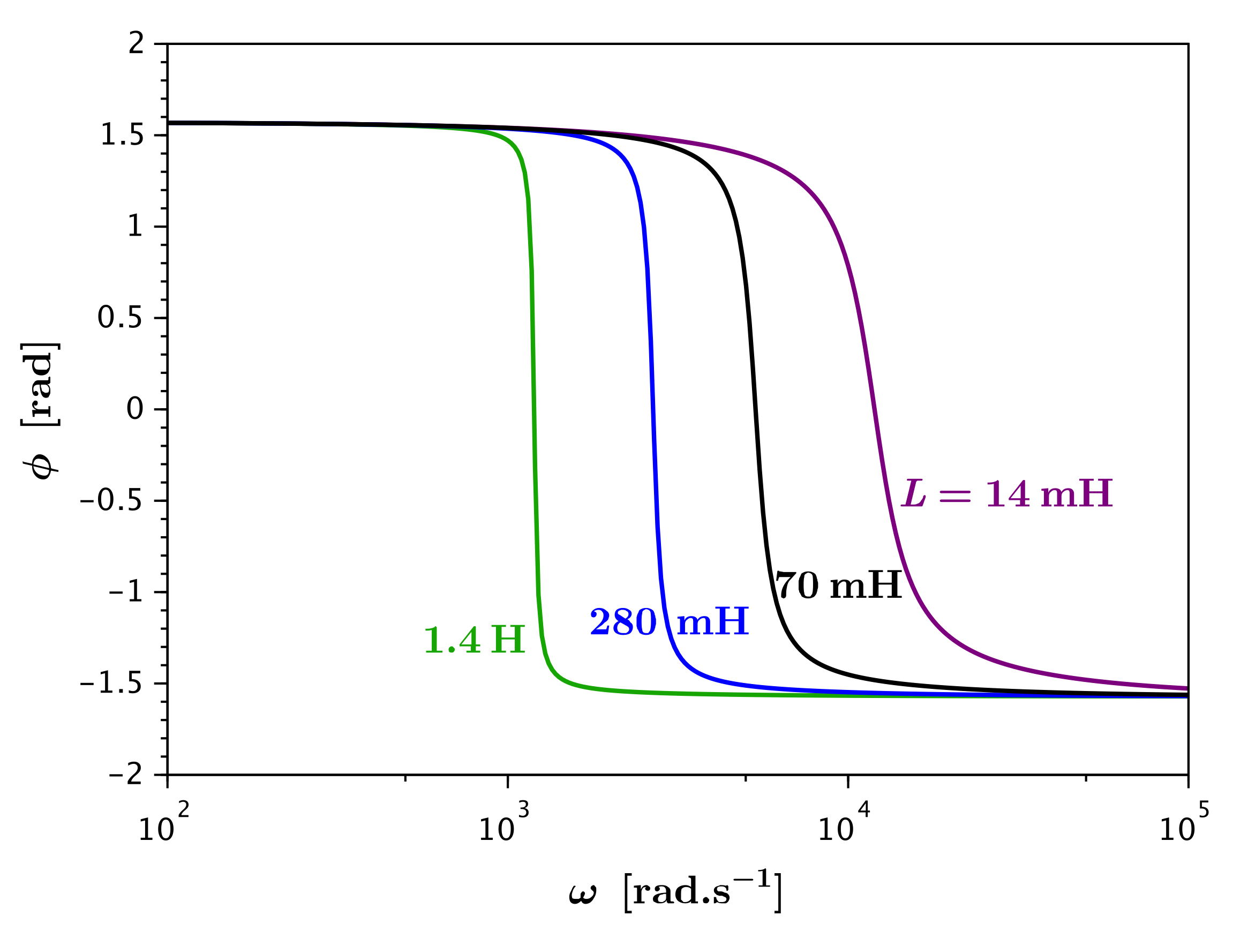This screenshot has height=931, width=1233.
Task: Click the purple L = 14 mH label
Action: (1006, 494)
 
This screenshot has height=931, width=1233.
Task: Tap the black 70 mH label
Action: (838, 586)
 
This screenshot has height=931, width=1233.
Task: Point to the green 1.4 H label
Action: (475, 640)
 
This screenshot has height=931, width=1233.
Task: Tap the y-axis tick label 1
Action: (136, 227)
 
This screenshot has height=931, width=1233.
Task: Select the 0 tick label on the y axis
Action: (136, 409)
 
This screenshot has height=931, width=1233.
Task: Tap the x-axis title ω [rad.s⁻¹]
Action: (675, 891)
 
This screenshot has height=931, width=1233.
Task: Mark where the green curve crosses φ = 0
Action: (534, 409)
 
